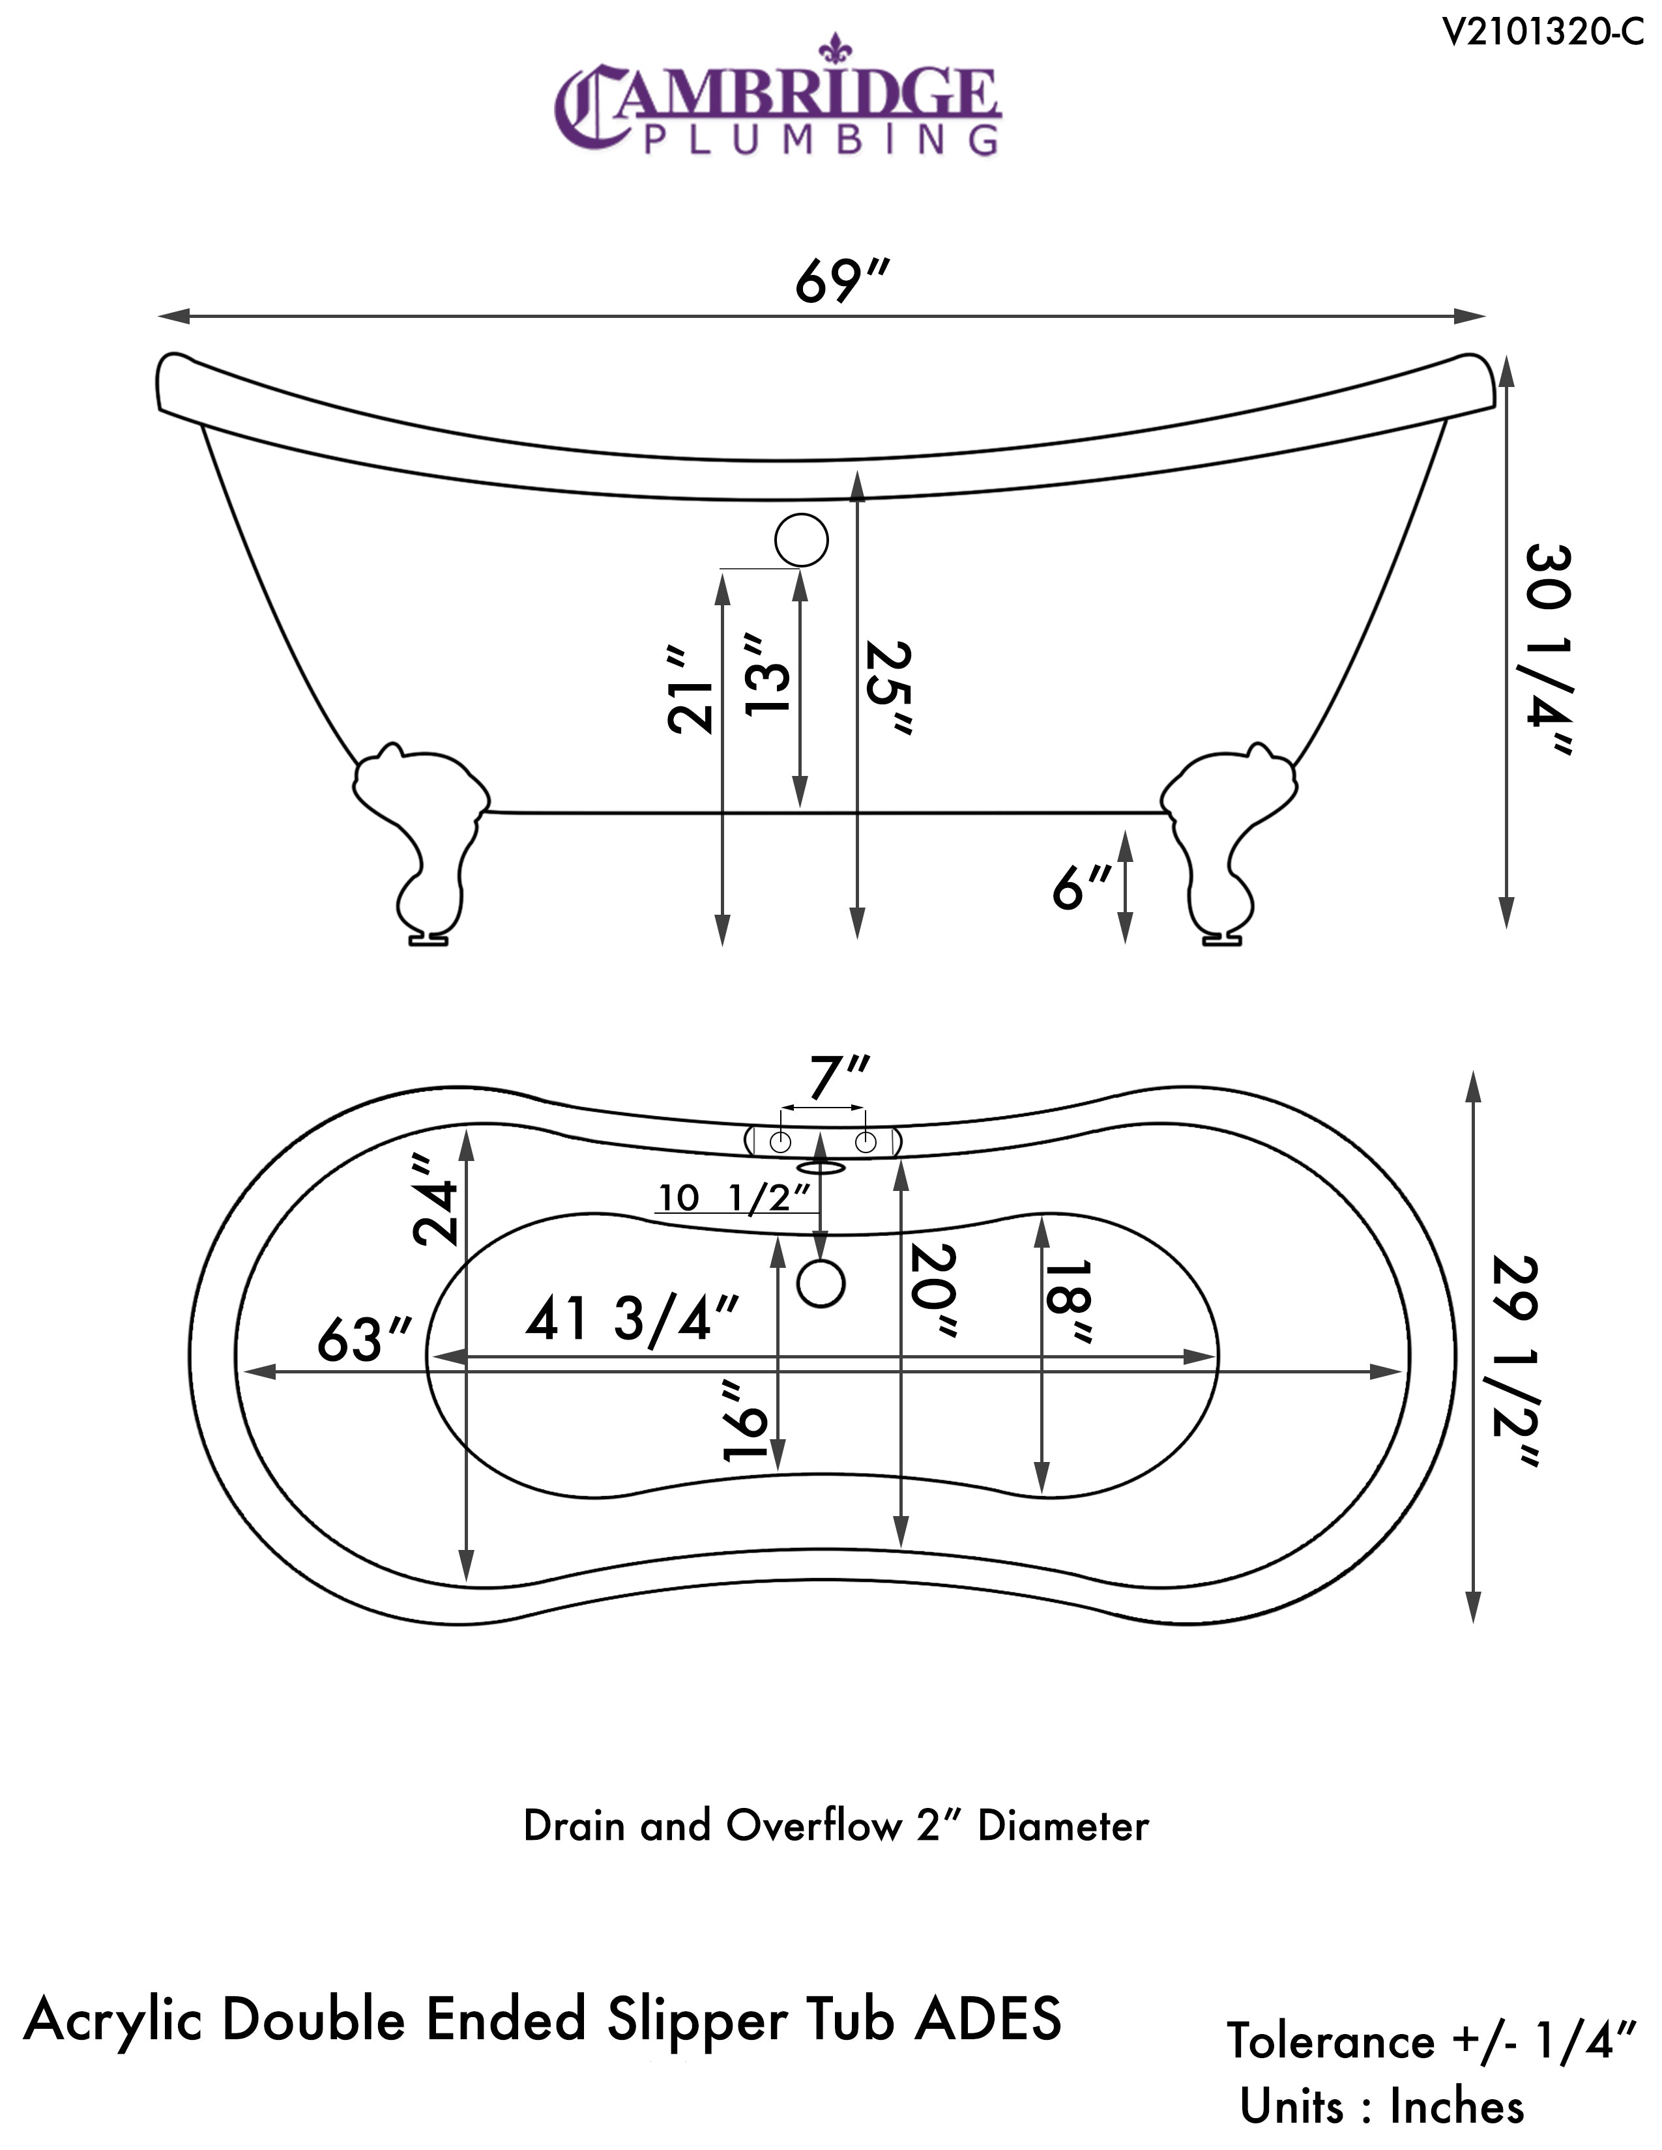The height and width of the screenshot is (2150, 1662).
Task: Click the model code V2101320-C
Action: click(1542, 33)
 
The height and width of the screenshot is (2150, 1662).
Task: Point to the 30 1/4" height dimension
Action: click(1549, 650)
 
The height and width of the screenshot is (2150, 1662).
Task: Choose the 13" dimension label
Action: click(767, 676)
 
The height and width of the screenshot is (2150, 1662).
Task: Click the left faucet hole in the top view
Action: click(780, 1142)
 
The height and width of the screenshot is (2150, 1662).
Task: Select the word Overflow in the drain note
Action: click(813, 1826)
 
